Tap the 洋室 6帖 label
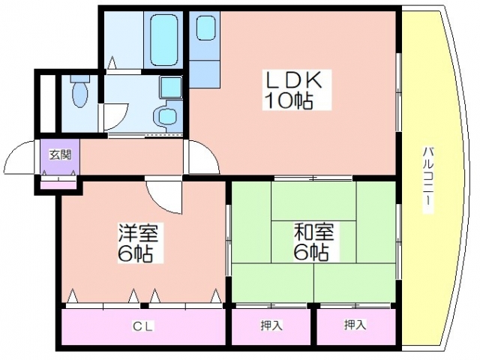[x=137, y=243]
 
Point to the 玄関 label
[x=61, y=155]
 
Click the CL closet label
[x=143, y=326]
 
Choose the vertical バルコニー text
[x=428, y=180]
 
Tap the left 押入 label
[x=271, y=325]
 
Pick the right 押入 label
[x=355, y=325]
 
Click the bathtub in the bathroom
[x=164, y=40]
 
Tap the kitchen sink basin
[x=205, y=28]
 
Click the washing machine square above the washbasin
[x=171, y=87]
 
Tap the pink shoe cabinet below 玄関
[x=58, y=185]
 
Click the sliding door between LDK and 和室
[x=313, y=178]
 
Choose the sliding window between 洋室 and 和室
[x=228, y=240]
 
